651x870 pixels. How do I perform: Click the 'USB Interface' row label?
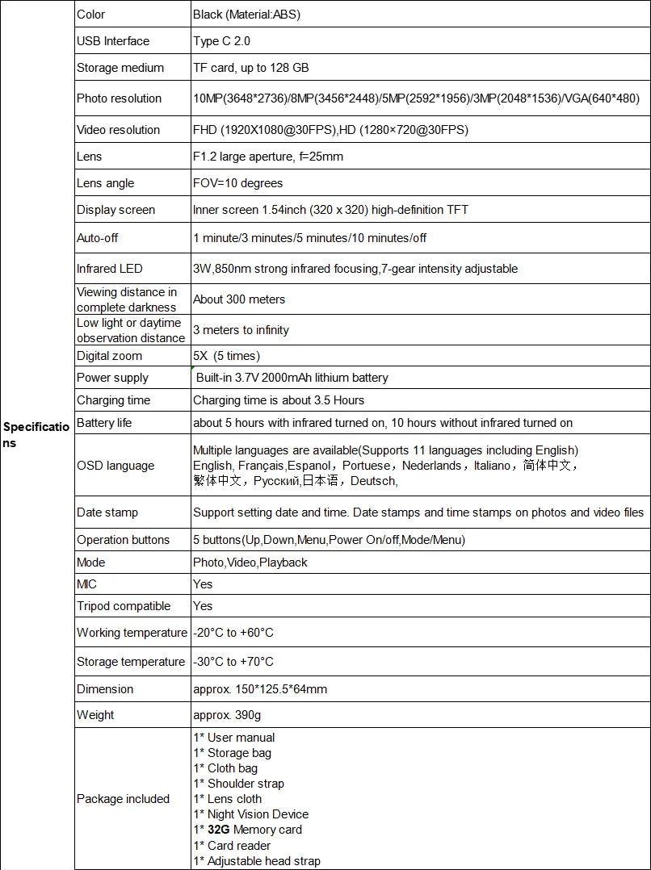[x=113, y=41]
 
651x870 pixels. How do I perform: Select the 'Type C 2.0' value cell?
[x=222, y=41]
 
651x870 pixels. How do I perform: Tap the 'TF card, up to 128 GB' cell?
[x=250, y=68]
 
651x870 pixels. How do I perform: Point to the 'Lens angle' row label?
[x=106, y=183]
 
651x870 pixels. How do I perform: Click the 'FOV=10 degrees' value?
[x=238, y=183]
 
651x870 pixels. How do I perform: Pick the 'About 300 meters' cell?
[x=239, y=299]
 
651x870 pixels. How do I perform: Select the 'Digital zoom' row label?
[x=109, y=356]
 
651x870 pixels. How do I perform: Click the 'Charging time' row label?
[x=114, y=400]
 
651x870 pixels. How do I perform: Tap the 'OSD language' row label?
[x=115, y=466]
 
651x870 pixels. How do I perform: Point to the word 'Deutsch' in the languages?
[x=374, y=481]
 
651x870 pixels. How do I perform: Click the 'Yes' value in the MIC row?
[x=203, y=584]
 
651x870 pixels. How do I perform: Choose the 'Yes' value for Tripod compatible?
[x=203, y=606]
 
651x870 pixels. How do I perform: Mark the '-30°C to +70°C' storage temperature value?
[x=233, y=662]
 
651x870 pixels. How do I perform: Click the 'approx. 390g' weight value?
[x=227, y=715]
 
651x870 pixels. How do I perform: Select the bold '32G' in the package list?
[x=219, y=830]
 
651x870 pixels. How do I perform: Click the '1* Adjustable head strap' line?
[x=256, y=861]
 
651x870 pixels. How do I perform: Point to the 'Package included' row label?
[x=123, y=799]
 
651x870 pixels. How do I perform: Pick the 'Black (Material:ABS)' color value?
[x=247, y=15]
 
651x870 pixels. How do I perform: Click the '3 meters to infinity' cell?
[x=241, y=330]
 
